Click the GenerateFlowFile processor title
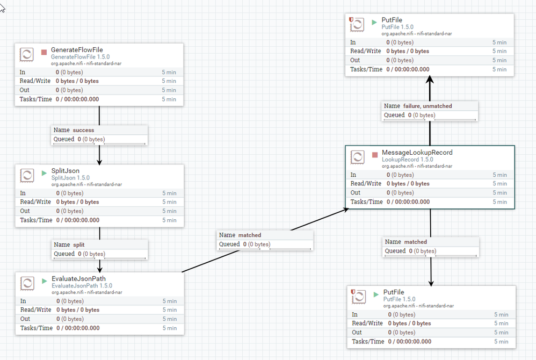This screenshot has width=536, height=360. (77, 50)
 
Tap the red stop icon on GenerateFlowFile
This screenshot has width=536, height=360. (45, 53)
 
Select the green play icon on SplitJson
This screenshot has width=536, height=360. (45, 174)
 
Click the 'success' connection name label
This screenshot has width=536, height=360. (83, 130)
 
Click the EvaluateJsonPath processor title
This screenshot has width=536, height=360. (78, 279)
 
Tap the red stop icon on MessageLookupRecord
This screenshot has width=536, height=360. (375, 155)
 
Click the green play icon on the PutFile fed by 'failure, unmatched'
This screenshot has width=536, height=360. (374, 23)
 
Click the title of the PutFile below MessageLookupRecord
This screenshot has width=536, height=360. (393, 292)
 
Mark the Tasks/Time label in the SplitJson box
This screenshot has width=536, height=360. (36, 220)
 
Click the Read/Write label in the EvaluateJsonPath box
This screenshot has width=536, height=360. (36, 310)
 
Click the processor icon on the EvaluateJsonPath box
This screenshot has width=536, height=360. (27, 283)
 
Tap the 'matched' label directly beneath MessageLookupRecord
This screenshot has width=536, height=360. (415, 242)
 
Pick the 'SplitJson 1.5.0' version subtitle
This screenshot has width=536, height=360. (70, 178)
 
